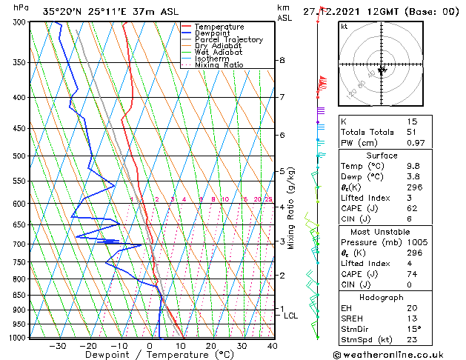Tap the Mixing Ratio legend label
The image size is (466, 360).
(222, 65)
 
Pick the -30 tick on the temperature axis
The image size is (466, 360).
(58, 346)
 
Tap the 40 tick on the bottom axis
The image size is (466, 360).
(273, 346)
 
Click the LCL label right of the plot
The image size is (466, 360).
(291, 316)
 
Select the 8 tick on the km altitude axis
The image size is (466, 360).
(282, 60)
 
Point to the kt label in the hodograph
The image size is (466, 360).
(344, 27)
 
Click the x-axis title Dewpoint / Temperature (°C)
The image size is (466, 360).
(147, 356)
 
